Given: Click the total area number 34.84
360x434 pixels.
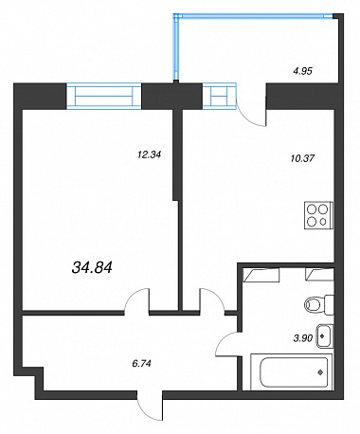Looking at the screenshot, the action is (x=92, y=268).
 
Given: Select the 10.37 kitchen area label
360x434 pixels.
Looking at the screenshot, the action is (x=302, y=158).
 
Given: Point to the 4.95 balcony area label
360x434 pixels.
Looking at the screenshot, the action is (x=302, y=71).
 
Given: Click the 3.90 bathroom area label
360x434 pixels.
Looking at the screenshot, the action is (x=303, y=338).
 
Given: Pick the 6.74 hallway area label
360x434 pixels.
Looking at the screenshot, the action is (x=142, y=364).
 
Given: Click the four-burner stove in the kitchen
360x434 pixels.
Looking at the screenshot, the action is (x=318, y=215).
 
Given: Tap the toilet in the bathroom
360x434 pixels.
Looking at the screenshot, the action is (x=319, y=305).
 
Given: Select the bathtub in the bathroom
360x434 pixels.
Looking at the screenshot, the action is (x=291, y=372).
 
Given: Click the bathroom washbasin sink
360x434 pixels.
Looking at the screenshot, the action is (x=325, y=336).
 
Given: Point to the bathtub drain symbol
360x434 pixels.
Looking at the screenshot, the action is (x=321, y=372).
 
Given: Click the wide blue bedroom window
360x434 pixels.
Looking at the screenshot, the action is (x=103, y=96).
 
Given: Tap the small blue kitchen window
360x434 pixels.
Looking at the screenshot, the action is (x=219, y=96).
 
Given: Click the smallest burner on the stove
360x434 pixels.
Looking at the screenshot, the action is (x=323, y=222).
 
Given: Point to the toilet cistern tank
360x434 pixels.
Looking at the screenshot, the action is (x=330, y=305).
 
